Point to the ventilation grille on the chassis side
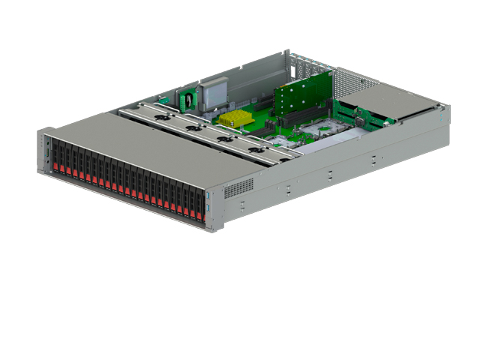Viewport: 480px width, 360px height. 238,187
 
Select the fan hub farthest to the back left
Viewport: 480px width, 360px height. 159,116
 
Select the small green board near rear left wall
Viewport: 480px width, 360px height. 187,97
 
